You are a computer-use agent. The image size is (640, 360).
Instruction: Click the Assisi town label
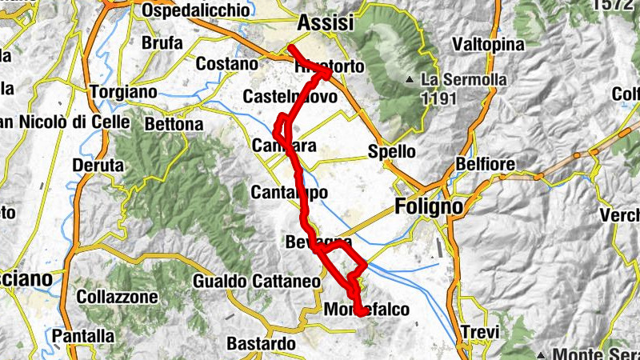(325, 24)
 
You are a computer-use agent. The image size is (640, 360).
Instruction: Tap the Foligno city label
(429, 207)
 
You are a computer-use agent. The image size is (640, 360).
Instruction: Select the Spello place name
(391, 151)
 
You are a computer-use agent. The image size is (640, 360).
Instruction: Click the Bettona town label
(174, 125)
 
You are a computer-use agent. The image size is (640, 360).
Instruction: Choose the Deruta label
(98, 166)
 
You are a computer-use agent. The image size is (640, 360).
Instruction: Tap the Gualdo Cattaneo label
(256, 282)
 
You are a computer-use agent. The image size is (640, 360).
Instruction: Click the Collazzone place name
(117, 297)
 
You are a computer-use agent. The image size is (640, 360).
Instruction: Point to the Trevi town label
(480, 333)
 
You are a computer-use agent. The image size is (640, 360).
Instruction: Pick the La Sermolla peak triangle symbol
(410, 80)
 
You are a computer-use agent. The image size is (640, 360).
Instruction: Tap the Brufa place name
(162, 43)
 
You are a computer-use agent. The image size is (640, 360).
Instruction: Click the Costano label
(227, 64)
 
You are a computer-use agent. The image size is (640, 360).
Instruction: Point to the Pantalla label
(83, 337)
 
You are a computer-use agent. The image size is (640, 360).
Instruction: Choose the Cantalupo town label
(289, 193)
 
